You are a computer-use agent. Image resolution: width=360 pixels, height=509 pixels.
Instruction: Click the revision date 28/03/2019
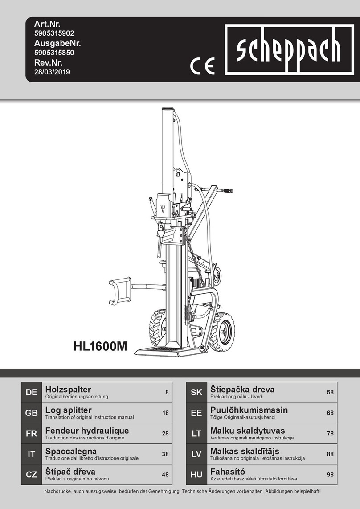(52, 72)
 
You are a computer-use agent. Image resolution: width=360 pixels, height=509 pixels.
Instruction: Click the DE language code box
(31, 393)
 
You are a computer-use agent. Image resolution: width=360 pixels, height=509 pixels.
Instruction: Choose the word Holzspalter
(68, 390)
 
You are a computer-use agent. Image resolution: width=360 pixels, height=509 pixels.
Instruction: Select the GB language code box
(31, 413)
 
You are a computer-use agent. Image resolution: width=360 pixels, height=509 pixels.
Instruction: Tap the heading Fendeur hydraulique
(87, 431)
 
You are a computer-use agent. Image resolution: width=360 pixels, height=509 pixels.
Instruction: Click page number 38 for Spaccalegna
(165, 454)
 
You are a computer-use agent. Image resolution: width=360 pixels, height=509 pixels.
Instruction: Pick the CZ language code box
(31, 475)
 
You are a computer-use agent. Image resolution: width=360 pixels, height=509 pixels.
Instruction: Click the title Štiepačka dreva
(242, 390)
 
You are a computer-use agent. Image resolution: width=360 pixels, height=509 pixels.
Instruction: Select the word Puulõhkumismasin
(249, 410)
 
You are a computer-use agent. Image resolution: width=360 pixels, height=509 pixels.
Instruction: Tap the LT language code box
(196, 434)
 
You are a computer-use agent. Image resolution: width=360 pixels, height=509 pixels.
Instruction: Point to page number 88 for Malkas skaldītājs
(330, 454)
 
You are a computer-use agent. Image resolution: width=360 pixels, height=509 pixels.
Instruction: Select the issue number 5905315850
(54, 53)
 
